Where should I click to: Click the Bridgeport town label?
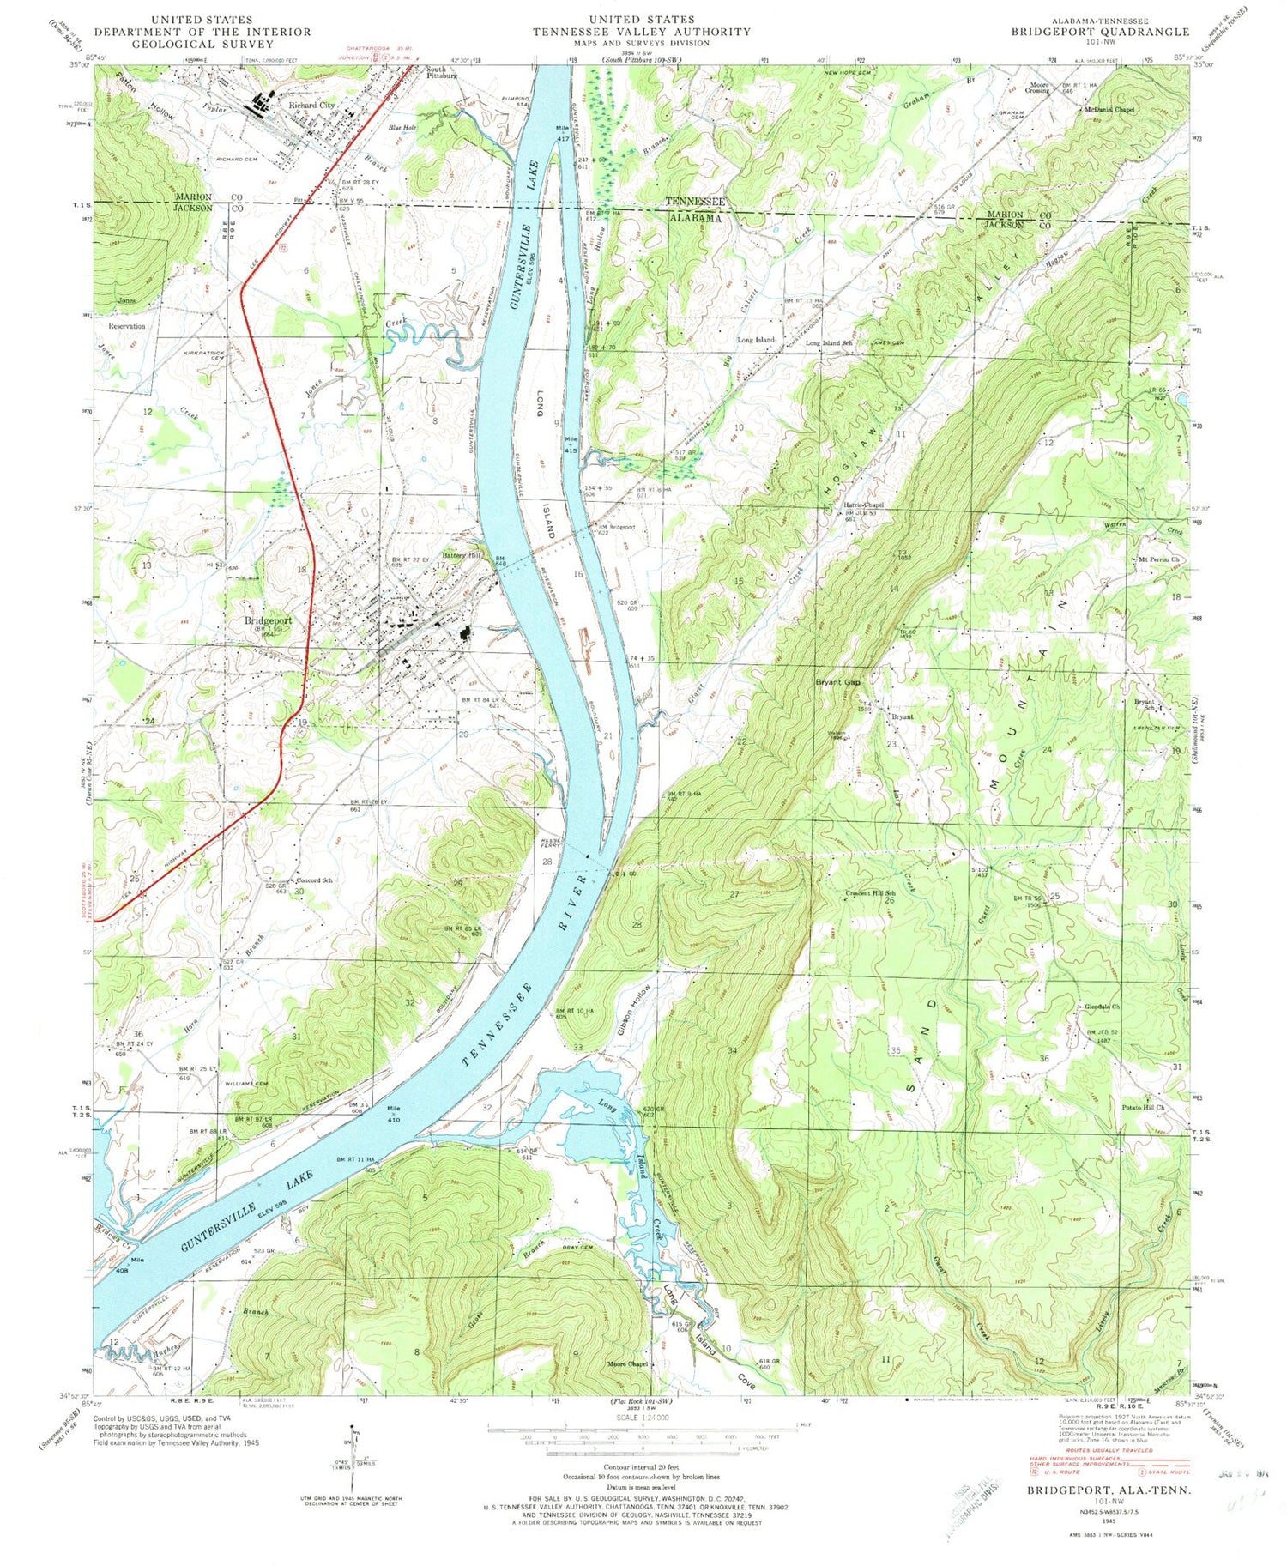tap(268, 620)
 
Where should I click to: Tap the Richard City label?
tap(311, 106)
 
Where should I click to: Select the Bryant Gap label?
tap(837, 682)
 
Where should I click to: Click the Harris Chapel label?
tap(862, 505)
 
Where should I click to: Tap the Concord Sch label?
tap(314, 881)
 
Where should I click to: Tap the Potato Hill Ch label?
tap(1143, 1108)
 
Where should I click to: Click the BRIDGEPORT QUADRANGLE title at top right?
tap(1100, 32)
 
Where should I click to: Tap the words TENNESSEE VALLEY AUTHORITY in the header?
tap(641, 32)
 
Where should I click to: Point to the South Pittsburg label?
tap(443, 72)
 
